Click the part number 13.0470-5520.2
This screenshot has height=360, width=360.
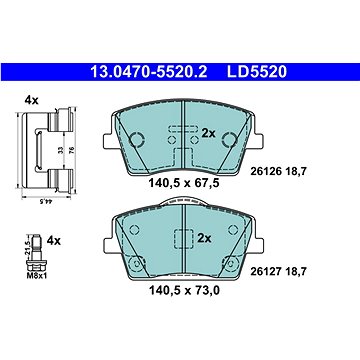149,72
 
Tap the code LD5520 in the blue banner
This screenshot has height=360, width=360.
257,72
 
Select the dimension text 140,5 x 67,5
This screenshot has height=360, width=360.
184,183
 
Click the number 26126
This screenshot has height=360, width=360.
263,172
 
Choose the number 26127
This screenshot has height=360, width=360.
263,272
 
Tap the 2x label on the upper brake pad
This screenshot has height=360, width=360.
209,134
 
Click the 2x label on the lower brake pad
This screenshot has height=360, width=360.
204,238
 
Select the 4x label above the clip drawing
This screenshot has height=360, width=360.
31,100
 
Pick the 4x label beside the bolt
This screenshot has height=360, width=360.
54,240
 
